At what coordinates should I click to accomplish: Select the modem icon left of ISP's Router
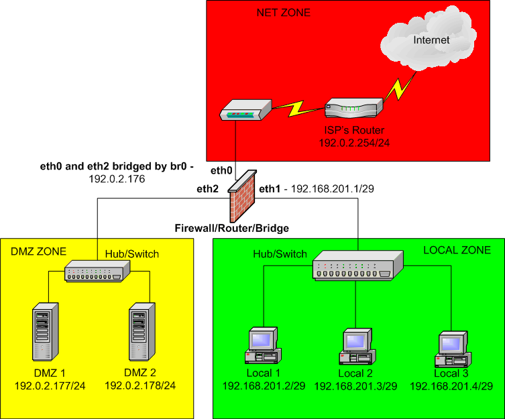point(245,110)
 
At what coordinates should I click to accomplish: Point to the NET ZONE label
point(284,13)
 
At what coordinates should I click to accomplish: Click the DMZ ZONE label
point(38,251)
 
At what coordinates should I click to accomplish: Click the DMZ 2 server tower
point(139,333)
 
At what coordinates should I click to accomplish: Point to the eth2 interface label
point(207,190)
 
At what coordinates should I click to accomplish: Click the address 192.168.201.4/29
point(451,386)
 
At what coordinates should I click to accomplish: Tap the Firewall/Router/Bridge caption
point(232,228)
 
